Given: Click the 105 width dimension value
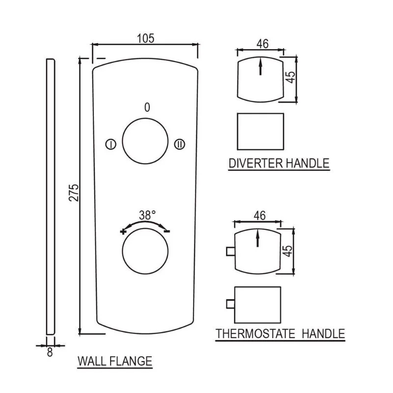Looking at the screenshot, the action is point(145,38).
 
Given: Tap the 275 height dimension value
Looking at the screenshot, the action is point(74,193).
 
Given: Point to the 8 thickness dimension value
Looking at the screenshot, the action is point(50,352).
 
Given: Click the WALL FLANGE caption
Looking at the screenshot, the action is point(115,361).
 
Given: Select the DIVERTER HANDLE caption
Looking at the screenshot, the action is point(279,163).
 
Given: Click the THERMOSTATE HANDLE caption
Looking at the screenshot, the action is point(280,334).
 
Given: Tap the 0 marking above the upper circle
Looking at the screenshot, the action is point(147,107).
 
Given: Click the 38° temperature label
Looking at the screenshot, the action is point(147,215).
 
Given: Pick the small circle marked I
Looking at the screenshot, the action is point(111,144).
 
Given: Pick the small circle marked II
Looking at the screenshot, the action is point(179,144).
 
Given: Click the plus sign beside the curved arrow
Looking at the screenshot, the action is point(123,231).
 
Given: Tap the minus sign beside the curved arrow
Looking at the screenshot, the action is point(167,231).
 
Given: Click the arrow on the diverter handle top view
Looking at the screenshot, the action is point(260,66).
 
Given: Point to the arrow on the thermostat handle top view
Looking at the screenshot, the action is point(257,238).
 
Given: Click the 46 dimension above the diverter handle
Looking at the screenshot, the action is point(262,44).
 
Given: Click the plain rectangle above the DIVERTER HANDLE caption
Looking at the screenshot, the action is point(260,132).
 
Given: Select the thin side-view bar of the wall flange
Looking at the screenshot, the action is point(51,197).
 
